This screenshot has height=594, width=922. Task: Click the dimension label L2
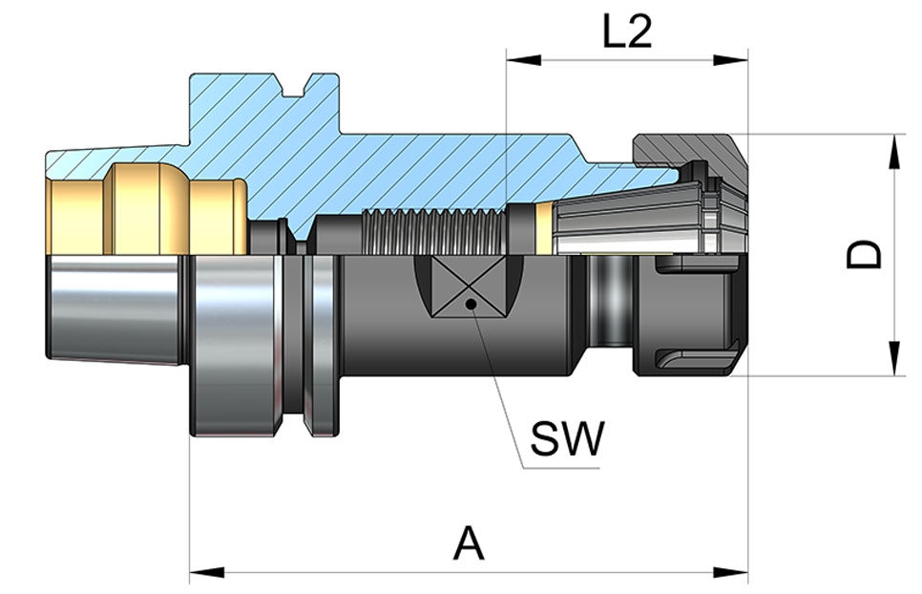(627, 33)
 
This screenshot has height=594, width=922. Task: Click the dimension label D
(866, 254)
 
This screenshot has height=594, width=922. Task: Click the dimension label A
(469, 544)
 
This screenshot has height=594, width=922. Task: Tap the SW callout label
(567, 439)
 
